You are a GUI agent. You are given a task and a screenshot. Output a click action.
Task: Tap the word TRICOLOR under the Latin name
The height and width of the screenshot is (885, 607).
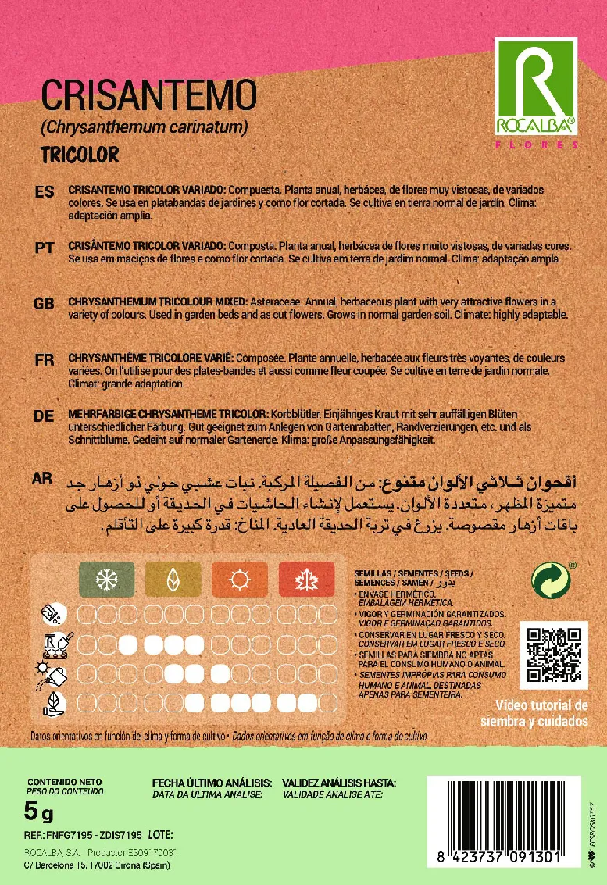point(80,155)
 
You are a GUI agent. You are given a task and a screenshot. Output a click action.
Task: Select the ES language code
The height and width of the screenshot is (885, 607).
point(45,193)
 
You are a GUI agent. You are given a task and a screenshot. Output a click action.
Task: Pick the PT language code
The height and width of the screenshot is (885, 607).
point(45,248)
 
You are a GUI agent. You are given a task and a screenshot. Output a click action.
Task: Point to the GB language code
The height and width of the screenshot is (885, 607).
point(45,303)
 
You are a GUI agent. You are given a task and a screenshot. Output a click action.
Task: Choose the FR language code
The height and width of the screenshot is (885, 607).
point(45,359)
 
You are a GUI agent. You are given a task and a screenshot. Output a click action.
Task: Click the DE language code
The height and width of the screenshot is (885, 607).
point(45,416)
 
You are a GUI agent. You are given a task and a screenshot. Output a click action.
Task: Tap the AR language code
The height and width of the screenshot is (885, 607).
point(45,477)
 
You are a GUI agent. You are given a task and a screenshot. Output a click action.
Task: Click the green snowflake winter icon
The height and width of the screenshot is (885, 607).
point(106,580)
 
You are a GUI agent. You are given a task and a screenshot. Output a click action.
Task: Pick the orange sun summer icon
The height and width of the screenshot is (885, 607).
point(239,580)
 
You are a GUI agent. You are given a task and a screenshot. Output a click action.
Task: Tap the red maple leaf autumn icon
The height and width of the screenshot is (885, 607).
point(305,580)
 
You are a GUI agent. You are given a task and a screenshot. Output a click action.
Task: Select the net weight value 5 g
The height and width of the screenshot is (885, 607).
point(39,813)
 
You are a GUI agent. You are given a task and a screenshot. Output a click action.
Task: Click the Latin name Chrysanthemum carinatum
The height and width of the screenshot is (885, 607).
point(145,126)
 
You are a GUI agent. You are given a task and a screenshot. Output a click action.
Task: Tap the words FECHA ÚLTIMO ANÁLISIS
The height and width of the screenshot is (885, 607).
point(212,783)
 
